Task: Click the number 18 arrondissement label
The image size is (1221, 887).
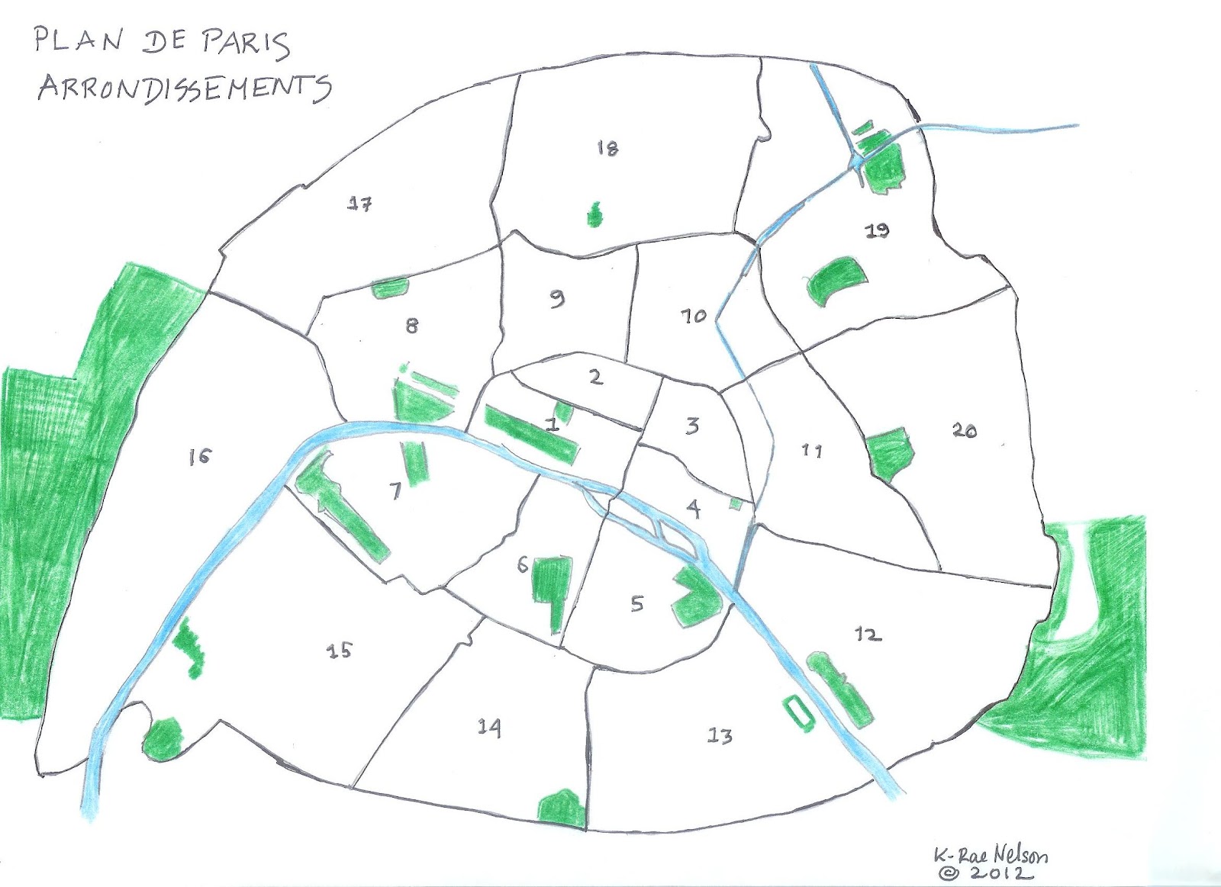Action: [x=607, y=148]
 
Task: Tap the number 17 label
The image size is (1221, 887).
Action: [x=359, y=204]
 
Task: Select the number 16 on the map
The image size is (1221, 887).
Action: [x=200, y=457]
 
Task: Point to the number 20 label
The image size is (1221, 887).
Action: [x=965, y=431]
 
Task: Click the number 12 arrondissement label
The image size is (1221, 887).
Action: [x=868, y=634]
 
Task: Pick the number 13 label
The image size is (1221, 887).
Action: [x=720, y=736]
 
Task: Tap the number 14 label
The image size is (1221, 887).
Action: [x=489, y=727]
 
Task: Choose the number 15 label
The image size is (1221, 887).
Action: [x=340, y=650]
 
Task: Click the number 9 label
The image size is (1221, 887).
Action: [x=557, y=298]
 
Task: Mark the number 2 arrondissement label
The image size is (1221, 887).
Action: [x=596, y=376]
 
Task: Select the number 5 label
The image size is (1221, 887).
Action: [x=636, y=604]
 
